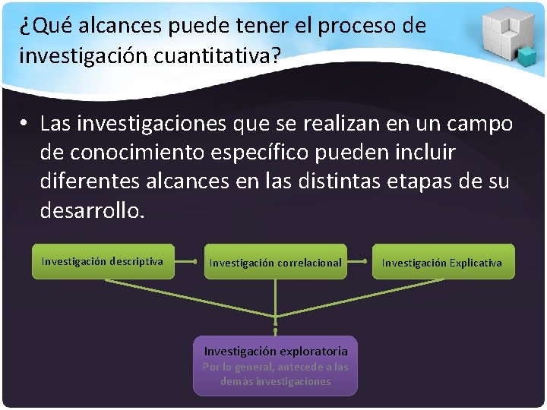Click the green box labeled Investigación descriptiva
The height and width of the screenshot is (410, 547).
103,261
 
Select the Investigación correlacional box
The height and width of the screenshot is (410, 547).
276,263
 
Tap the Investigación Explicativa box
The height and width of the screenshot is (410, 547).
442,263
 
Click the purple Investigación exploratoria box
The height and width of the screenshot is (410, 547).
275,365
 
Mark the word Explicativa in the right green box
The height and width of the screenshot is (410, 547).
476,263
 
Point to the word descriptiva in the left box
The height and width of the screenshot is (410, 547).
136,261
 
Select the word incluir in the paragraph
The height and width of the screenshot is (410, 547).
420,152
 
